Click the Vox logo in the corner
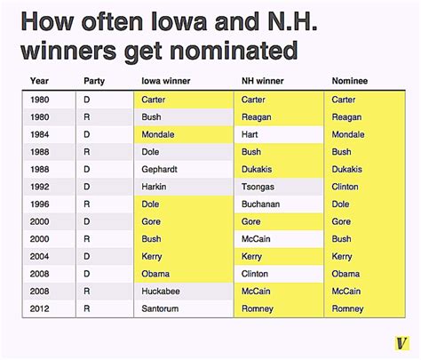(401, 343)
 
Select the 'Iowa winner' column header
(166, 81)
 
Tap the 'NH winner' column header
(263, 81)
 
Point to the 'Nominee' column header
(350, 81)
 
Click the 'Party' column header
(94, 81)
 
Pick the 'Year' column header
(39, 81)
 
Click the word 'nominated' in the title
(234, 51)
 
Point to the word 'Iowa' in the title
(179, 21)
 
